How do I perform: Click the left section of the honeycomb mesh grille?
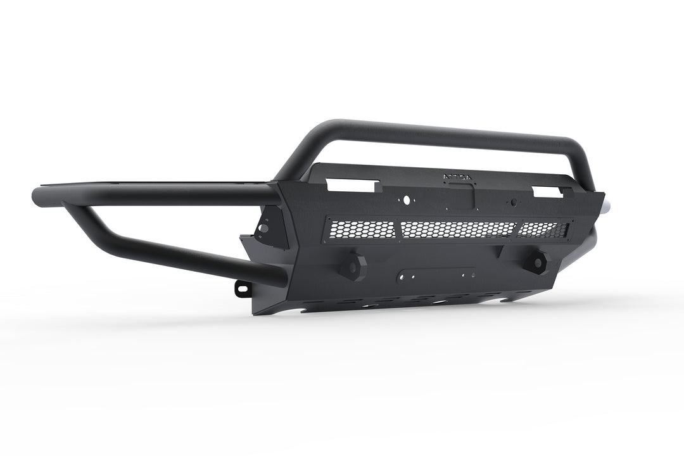click(x=362, y=229)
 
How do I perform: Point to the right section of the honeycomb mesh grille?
click(x=542, y=230)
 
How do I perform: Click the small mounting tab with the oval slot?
click(x=241, y=288)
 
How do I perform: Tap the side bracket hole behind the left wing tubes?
click(x=264, y=226)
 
